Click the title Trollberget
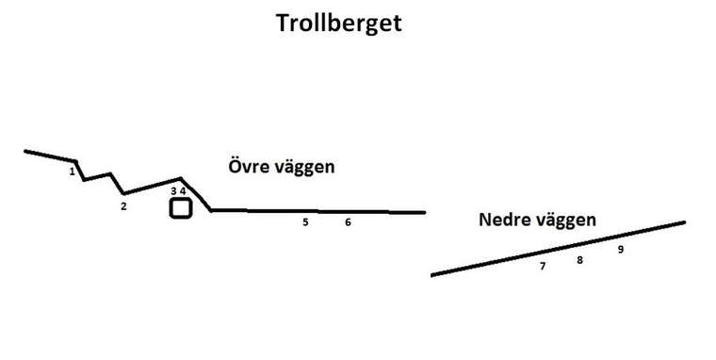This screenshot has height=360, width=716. pyautogui.click(x=338, y=23)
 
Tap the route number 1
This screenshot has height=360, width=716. pyautogui.click(x=73, y=172)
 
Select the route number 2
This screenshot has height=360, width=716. pyautogui.click(x=123, y=206)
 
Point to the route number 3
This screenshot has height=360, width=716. pyautogui.click(x=173, y=191)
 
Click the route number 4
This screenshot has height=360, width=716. pyautogui.click(x=184, y=191)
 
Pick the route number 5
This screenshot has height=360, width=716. pyautogui.click(x=305, y=222)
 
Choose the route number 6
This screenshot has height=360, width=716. pyautogui.click(x=348, y=222)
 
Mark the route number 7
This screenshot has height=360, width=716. pyautogui.click(x=543, y=267)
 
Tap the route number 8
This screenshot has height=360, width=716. pyautogui.click(x=580, y=260)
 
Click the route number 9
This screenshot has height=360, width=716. pyautogui.click(x=621, y=250)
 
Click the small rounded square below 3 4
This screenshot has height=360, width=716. pyautogui.click(x=181, y=208)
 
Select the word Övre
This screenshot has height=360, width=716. pyautogui.click(x=248, y=167)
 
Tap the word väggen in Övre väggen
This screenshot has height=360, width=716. pyautogui.click(x=304, y=168)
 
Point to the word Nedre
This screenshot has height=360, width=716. pyautogui.click(x=504, y=221)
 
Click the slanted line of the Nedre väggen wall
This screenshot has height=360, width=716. pyautogui.click(x=556, y=249)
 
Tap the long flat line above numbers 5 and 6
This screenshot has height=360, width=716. pyautogui.click(x=320, y=211)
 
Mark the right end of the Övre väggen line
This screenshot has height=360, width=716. pyautogui.click(x=424, y=212)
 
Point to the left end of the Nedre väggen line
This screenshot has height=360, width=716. pyautogui.click(x=432, y=274)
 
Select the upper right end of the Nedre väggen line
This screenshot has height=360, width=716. pyautogui.click(x=683, y=222)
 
